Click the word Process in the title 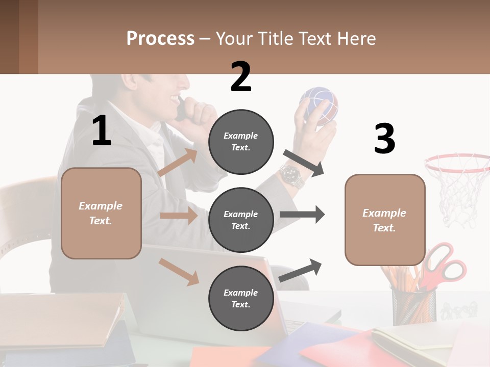click(160, 39)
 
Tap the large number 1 click(102, 131)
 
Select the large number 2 click(241, 77)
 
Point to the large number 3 click(384, 139)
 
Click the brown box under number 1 click(101, 213)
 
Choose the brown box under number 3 click(385, 220)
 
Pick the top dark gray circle click(241, 142)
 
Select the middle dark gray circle click(241, 220)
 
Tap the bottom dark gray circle click(241, 299)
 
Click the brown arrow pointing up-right click(178, 163)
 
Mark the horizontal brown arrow click(179, 216)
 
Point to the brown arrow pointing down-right click(179, 272)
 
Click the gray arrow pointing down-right click(304, 163)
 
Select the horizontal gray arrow click(302, 215)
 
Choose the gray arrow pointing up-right click(301, 270)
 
